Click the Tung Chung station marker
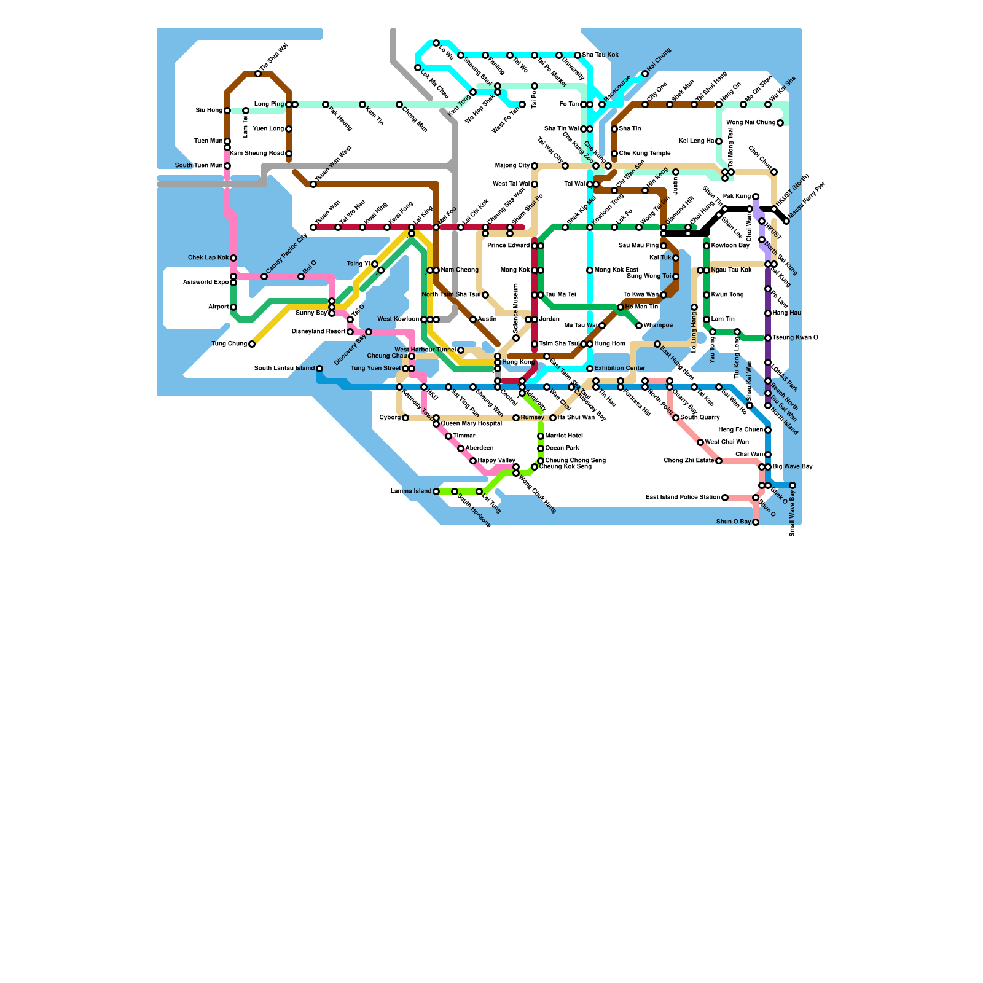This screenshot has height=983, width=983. [x=252, y=344]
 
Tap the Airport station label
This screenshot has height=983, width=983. [x=218, y=307]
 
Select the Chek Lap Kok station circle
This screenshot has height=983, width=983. [x=233, y=258]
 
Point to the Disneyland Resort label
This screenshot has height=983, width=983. [x=318, y=332]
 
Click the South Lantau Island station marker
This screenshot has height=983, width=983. [x=319, y=369]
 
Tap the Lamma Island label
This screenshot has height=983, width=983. [x=411, y=491]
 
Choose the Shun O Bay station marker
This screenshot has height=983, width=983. [x=756, y=522]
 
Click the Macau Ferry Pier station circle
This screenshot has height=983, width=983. [x=786, y=221]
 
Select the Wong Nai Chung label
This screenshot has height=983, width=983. [x=751, y=123]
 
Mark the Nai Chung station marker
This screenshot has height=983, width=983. [x=645, y=74]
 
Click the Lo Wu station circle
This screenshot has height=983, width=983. [x=436, y=43]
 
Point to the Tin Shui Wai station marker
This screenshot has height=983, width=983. [x=258, y=74]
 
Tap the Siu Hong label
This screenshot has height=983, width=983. [x=209, y=111]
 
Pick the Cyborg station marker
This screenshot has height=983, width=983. [x=405, y=418]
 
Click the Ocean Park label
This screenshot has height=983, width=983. [x=562, y=448]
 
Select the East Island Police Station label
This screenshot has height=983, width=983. [x=683, y=498]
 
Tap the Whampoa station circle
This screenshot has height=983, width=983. [x=639, y=326]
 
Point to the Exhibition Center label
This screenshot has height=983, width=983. [x=620, y=369]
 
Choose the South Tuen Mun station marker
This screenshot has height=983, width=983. [x=227, y=166]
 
